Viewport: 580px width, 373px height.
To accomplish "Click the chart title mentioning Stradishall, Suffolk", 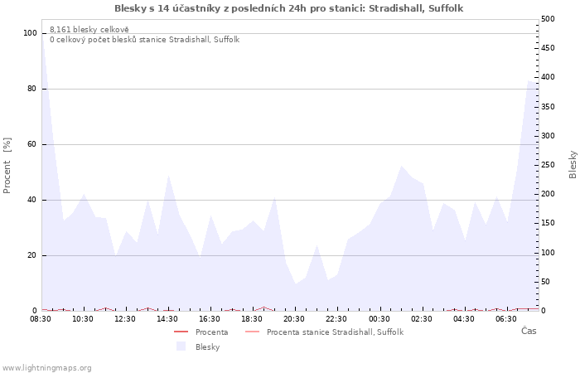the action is pyautogui.click(x=288, y=8).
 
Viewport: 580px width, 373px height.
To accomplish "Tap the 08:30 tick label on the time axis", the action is pyautogui.click(x=41, y=319).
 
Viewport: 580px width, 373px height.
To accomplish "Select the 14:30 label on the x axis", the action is pyautogui.click(x=167, y=319).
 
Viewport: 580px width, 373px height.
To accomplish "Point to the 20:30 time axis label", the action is pyautogui.click(x=294, y=319).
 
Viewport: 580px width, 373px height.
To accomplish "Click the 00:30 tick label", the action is pyautogui.click(x=379, y=319).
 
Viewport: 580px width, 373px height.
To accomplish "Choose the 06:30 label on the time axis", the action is pyautogui.click(x=506, y=319).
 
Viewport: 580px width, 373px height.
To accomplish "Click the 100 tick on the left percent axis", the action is pyautogui.click(x=30, y=33).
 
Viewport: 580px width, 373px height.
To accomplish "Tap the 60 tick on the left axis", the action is pyautogui.click(x=32, y=144).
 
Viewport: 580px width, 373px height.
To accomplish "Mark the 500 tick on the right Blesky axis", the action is pyautogui.click(x=548, y=19).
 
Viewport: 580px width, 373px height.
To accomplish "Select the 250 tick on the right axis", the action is pyautogui.click(x=548, y=165).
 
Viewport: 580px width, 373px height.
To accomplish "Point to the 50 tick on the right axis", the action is pyautogui.click(x=545, y=282).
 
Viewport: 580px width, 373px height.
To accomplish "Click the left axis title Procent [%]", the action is pyautogui.click(x=7, y=166).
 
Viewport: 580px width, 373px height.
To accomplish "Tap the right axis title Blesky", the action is pyautogui.click(x=573, y=165).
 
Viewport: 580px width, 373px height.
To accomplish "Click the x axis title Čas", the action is pyautogui.click(x=529, y=331).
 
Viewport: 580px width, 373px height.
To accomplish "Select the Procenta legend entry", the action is pyautogui.click(x=211, y=332).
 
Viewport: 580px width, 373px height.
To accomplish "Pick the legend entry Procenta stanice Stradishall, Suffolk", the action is pyautogui.click(x=335, y=332).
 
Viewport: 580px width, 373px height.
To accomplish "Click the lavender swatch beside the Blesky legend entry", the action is pyautogui.click(x=181, y=346).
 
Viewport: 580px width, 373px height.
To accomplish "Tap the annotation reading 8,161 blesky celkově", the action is pyautogui.click(x=89, y=29).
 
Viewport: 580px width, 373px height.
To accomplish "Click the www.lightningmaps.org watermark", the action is pyautogui.click(x=46, y=368).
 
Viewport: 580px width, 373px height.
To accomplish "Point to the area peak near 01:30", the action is pyautogui.click(x=401, y=166).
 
